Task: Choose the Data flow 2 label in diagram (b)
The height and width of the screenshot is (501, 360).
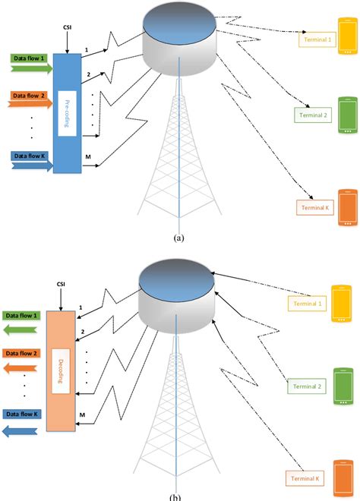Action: pos(23,354)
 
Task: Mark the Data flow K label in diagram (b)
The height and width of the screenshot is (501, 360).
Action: pos(23,414)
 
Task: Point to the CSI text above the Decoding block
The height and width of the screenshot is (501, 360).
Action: pos(62,285)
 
